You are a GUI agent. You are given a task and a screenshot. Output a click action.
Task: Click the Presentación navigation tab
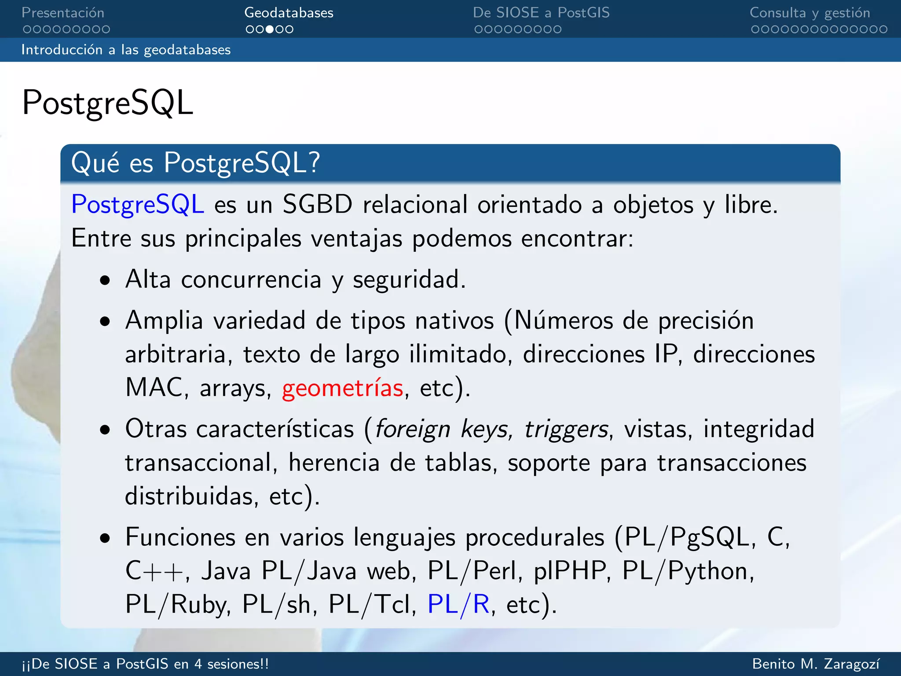point(63,13)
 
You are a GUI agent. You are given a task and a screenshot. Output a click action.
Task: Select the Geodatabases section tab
point(289,13)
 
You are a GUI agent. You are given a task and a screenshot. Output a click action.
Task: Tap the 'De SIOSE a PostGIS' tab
point(541,13)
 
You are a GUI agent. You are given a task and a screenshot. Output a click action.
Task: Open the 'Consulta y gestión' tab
point(809,13)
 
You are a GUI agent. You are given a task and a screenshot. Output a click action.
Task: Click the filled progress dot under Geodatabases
point(270,29)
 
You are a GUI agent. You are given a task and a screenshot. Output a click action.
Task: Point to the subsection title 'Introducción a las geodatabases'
point(126,50)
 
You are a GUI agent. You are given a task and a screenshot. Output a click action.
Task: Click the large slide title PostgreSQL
point(107,103)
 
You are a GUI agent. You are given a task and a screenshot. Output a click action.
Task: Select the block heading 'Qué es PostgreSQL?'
point(195,163)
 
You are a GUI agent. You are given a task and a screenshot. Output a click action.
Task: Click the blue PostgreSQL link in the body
point(138,205)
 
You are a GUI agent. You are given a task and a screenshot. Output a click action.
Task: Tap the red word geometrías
point(343,388)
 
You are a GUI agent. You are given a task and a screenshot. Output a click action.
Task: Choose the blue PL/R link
point(458,604)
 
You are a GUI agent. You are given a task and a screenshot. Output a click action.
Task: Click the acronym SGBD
point(317,205)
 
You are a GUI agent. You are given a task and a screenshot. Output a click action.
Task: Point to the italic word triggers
point(567,429)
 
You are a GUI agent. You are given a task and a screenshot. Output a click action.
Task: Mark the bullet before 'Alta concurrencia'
point(105,281)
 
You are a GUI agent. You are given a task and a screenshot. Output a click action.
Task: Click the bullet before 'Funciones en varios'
point(105,538)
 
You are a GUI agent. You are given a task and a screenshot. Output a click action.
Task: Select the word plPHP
point(570,571)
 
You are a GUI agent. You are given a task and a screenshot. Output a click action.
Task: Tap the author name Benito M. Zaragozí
point(816,664)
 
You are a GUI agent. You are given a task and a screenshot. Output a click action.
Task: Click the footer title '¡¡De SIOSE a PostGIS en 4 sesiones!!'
point(145,664)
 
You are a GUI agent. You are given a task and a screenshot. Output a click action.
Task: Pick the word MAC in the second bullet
point(154,387)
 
